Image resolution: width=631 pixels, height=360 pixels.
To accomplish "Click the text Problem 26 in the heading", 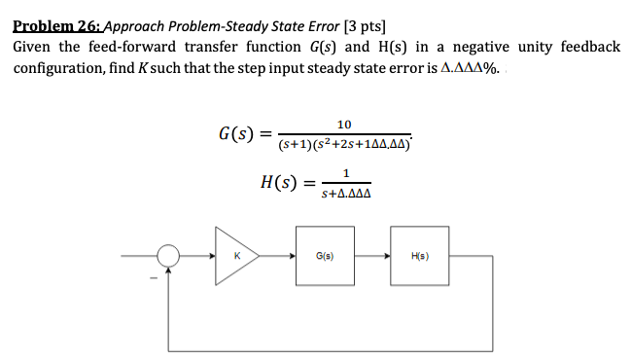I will click(56, 26).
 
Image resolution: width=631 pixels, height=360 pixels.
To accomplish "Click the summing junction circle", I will click(169, 257).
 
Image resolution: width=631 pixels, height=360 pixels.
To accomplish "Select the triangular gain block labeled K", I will click(234, 257).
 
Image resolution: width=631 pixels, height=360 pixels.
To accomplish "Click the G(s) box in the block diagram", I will click(325, 257).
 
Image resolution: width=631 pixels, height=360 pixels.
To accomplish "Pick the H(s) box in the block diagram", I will click(417, 257).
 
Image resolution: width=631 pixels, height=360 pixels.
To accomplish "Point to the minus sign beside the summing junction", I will click(151, 275).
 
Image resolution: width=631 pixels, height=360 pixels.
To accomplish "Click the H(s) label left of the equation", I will click(279, 183).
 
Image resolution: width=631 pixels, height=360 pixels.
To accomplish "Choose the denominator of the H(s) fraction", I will click(346, 194).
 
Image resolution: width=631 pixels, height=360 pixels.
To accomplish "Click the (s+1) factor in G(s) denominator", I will click(292, 145).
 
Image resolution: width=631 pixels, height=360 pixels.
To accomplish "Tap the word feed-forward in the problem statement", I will click(133, 48).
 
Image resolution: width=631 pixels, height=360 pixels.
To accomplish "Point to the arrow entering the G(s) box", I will click(294, 257).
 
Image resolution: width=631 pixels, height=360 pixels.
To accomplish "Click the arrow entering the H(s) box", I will click(386, 257).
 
